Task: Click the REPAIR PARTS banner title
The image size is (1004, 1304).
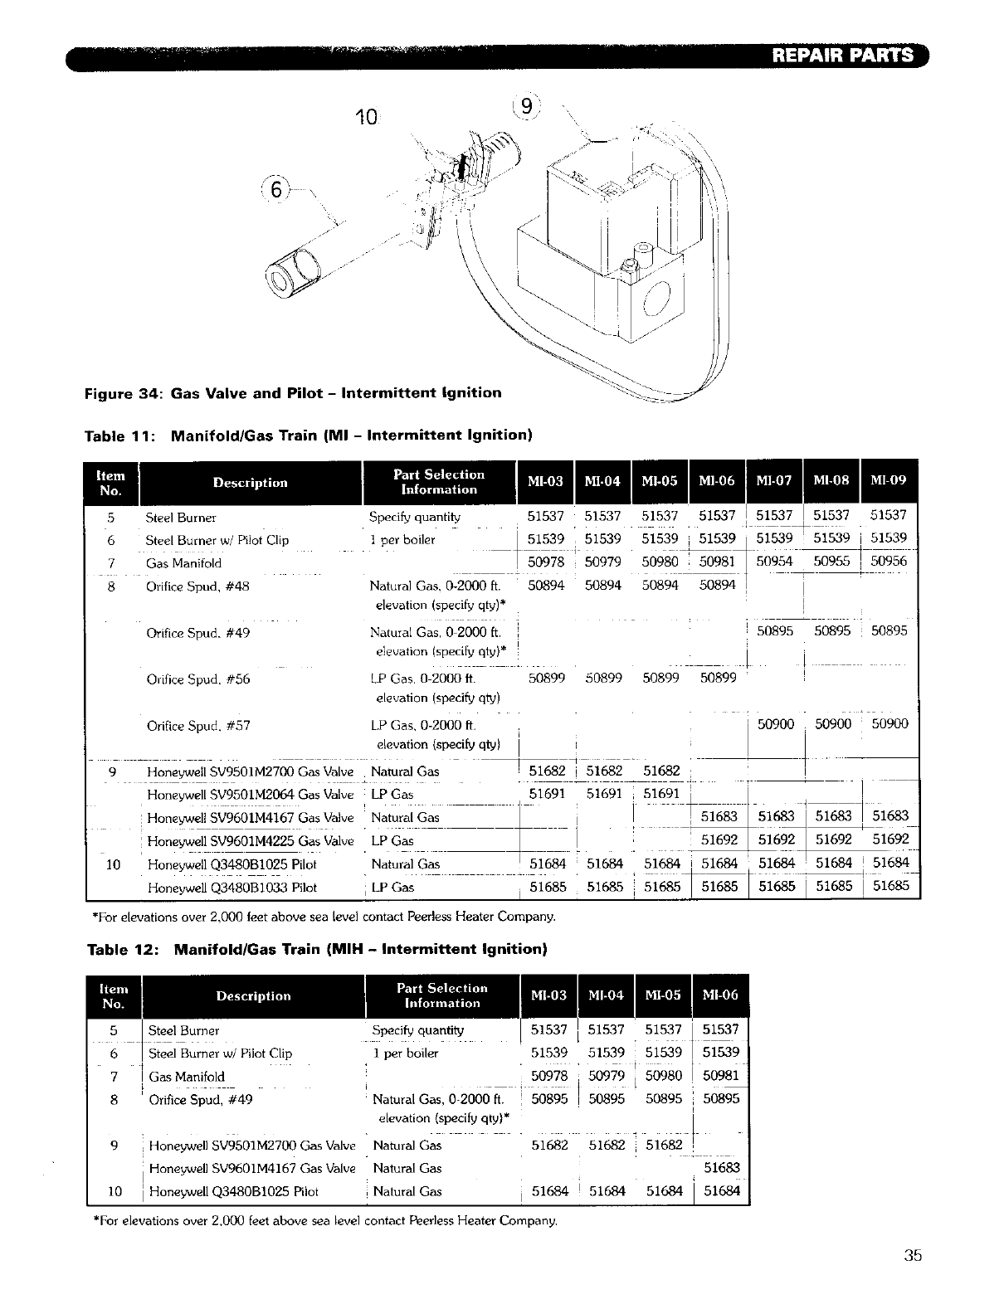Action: pos(842,56)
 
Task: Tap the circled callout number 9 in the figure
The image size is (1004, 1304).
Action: pos(526,107)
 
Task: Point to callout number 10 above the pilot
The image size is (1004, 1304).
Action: pos(365,117)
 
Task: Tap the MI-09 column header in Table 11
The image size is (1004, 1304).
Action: pos(888,481)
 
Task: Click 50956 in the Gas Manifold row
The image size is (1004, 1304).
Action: pos(889,561)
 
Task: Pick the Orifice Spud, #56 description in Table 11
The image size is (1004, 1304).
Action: pos(197,679)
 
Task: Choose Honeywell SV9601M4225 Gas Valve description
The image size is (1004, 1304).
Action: pos(250,840)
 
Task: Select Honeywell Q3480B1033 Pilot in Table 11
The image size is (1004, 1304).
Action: pos(232,887)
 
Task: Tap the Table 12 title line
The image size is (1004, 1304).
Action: pos(317,948)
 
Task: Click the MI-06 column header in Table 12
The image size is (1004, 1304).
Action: pos(719,995)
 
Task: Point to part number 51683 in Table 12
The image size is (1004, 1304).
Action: pos(721,1168)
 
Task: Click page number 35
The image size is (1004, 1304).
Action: pos(913,1255)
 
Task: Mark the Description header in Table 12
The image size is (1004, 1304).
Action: pos(253,995)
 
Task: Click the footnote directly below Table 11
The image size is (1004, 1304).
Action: pos(322,917)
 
